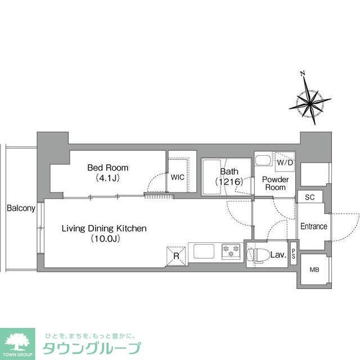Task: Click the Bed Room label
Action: click(107, 168)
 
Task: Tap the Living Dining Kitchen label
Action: click(104, 228)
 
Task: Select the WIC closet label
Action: click(178, 177)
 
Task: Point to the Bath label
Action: click(229, 172)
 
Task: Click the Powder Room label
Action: click(276, 183)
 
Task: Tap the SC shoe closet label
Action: click(310, 197)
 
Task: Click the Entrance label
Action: click(313, 227)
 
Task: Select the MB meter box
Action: click(314, 270)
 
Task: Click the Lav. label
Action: click(278, 255)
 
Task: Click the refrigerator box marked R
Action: click(176, 256)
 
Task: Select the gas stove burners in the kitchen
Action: click(231, 250)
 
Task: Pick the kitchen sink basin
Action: click(203, 250)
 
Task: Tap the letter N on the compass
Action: click(302, 73)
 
